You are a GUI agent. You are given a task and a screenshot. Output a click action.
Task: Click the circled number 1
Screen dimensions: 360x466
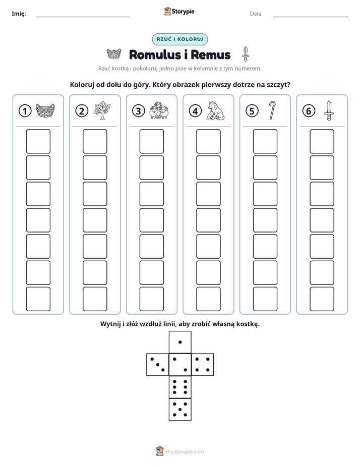click(25, 111)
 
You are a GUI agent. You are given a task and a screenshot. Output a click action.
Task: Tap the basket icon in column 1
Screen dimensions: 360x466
click(45, 111)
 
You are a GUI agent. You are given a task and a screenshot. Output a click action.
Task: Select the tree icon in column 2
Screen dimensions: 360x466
click(102, 110)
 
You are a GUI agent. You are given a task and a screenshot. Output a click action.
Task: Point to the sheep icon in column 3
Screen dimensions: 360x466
click(159, 111)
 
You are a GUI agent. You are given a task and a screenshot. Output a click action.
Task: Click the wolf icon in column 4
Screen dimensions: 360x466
click(216, 111)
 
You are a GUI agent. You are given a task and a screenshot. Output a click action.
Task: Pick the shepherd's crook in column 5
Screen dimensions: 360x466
click(272, 110)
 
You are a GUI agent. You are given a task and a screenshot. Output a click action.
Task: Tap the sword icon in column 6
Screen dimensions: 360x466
click(329, 110)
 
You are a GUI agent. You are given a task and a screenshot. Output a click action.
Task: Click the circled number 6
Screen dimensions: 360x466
click(309, 111)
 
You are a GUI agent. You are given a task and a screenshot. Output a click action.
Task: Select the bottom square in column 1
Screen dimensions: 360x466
click(38, 299)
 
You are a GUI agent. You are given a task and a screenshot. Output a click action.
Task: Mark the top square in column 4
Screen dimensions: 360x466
click(209, 141)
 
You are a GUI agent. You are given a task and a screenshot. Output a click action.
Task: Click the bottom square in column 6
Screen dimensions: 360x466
click(322, 299)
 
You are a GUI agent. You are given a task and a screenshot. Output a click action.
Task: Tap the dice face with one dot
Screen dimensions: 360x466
click(180, 342)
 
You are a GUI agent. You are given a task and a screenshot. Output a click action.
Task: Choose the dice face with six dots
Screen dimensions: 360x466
click(180, 387)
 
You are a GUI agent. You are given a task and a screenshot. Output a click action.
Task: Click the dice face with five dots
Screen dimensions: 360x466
click(180, 410)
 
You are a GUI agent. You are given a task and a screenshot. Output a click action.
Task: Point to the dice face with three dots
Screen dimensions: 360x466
click(158, 365)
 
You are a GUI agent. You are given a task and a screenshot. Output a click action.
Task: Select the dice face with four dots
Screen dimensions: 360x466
click(203, 365)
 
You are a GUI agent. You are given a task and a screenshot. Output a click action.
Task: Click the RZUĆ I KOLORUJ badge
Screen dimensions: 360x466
click(180, 39)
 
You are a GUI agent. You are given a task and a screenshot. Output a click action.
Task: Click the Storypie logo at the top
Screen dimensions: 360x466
click(179, 11)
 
